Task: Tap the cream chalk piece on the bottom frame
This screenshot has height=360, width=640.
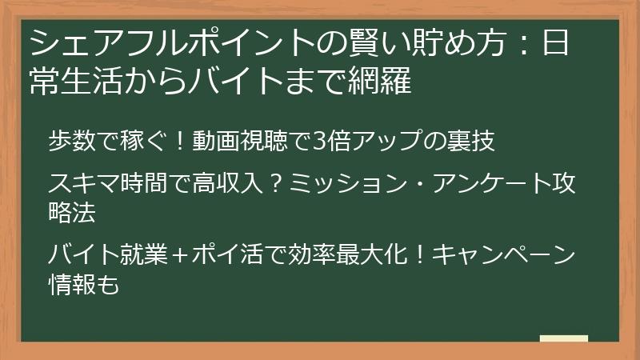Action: click(x=563, y=339)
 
